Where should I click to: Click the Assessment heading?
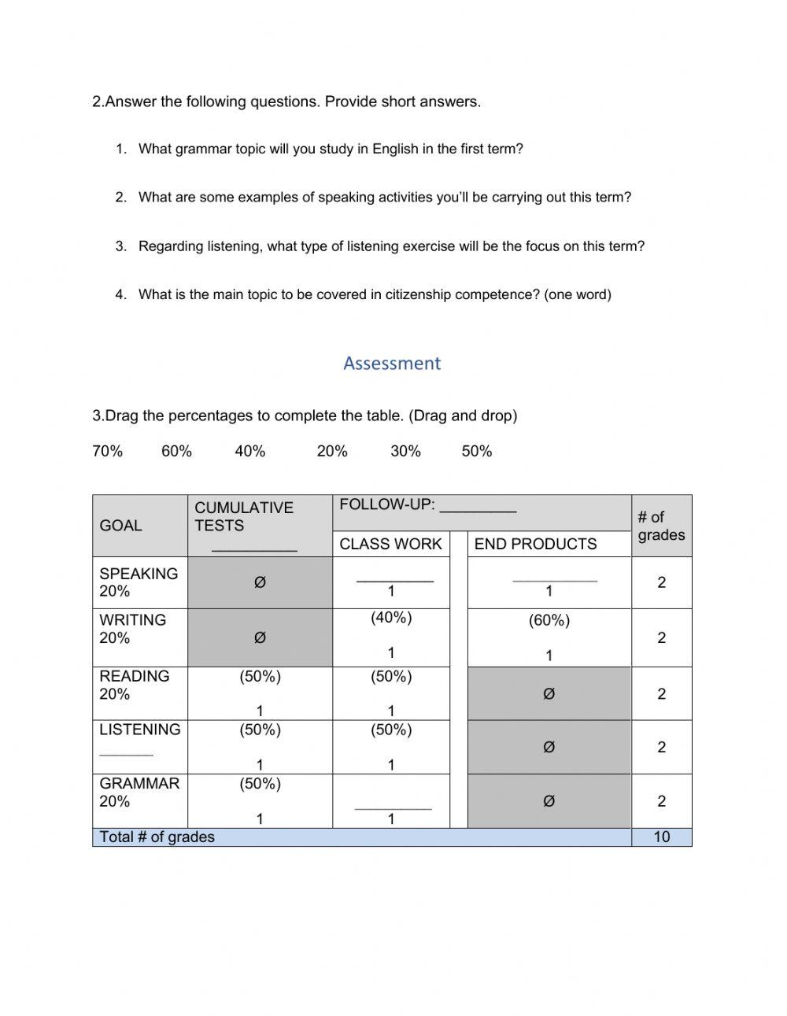point(392,363)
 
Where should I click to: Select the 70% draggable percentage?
point(108,451)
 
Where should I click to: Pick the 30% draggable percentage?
point(405,451)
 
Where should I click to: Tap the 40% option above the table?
point(250,451)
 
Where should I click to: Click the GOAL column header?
point(120,526)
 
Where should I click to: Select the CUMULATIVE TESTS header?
point(244,516)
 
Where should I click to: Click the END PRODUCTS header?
point(535,544)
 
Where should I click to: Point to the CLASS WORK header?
point(390,544)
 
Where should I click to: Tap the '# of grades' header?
point(661,526)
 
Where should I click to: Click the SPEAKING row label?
point(139,574)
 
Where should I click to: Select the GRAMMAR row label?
point(139,783)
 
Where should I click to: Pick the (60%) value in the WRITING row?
point(549,620)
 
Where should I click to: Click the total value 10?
point(661,837)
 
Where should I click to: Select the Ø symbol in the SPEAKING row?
point(260,582)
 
